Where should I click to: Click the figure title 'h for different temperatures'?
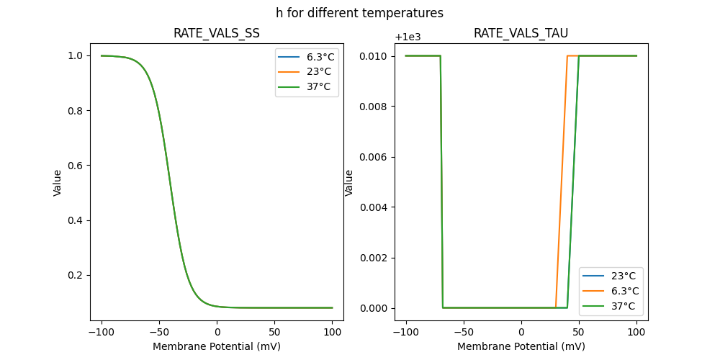pos(359,13)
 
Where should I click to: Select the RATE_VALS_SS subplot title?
pos(217,33)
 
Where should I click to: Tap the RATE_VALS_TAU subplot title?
pos(521,33)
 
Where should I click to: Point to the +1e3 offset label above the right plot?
pos(410,37)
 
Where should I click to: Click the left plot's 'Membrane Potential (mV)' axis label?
pos(217,346)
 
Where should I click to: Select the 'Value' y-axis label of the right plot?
pos(349,183)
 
